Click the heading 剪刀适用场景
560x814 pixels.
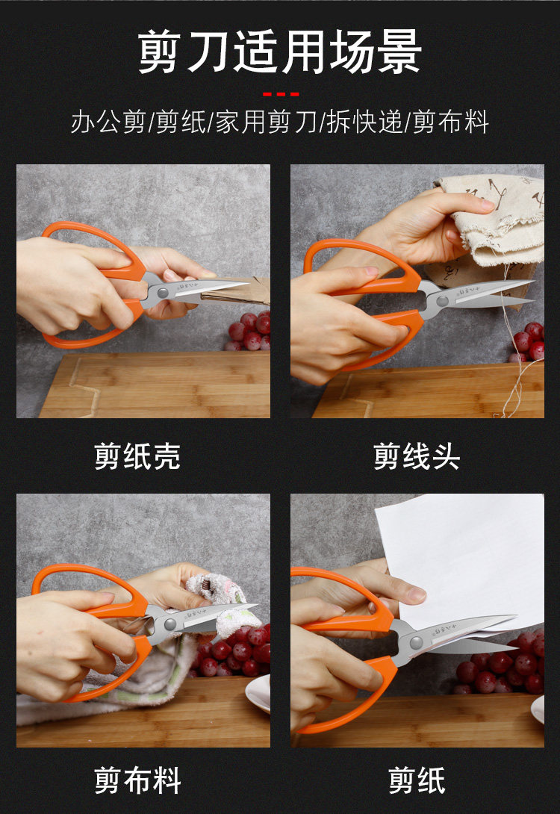pos(280,52)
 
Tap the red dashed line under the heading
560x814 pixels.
pos(281,95)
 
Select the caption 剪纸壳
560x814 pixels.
pos(137,456)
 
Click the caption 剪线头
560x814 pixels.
pos(417,456)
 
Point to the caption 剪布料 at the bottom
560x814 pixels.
pos(137,780)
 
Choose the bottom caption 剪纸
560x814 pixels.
pos(417,780)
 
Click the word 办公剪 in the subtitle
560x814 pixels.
pos(108,122)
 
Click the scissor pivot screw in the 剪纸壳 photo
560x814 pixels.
pos(163,293)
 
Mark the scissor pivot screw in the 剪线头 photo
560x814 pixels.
pos(442,300)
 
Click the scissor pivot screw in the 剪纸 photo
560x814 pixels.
pos(416,644)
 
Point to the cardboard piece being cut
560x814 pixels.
pos(236,291)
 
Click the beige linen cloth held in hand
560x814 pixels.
pos(492,219)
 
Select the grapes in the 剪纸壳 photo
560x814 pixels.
pos(249,331)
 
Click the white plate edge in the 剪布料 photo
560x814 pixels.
pos(258,693)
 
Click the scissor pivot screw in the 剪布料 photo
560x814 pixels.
pos(169,624)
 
